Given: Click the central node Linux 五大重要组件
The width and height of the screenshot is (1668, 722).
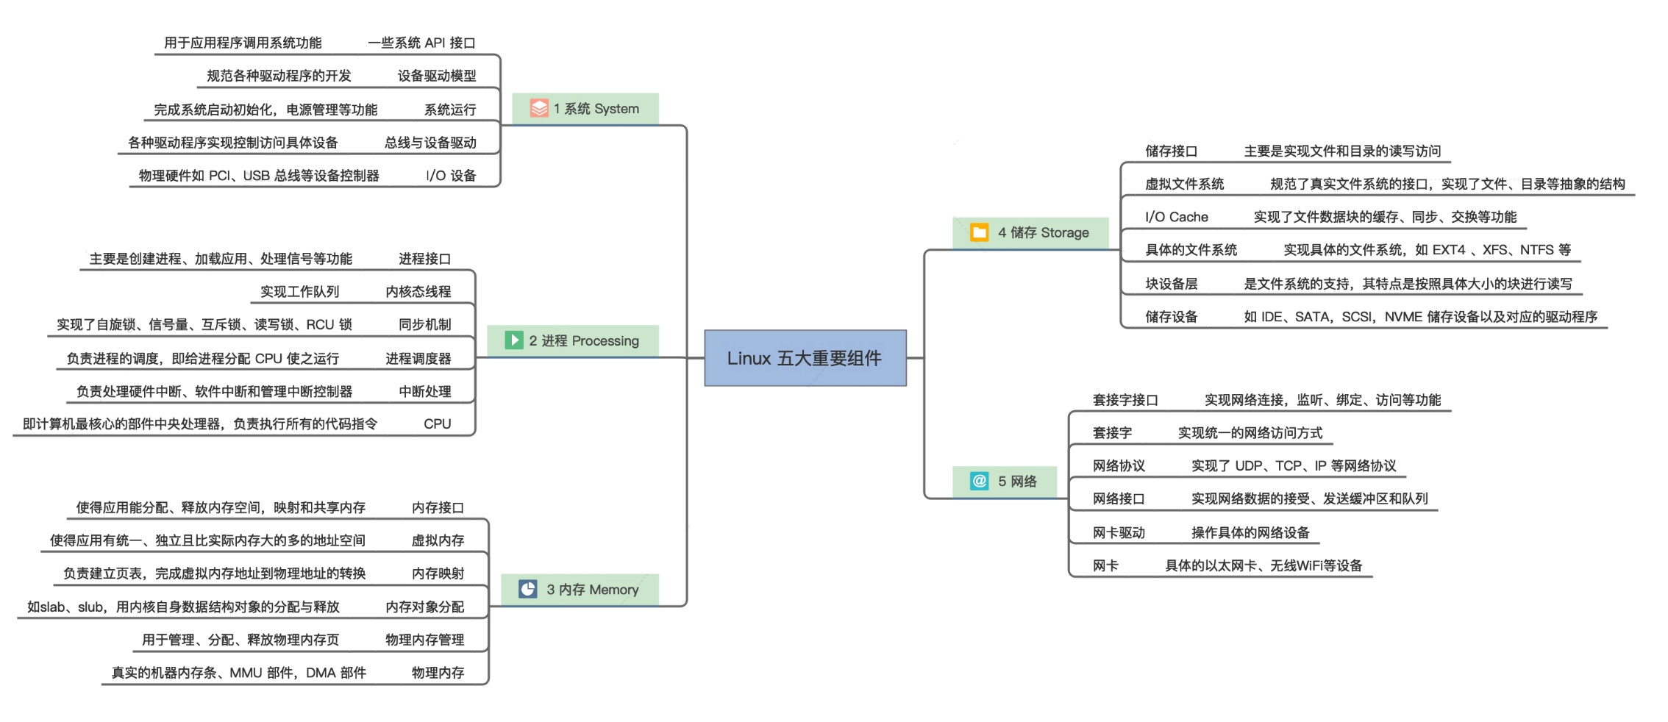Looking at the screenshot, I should click(x=805, y=358).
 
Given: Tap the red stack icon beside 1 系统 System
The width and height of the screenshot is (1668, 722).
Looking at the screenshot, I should click(x=539, y=109).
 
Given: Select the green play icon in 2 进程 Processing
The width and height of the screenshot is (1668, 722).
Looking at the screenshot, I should click(x=513, y=340).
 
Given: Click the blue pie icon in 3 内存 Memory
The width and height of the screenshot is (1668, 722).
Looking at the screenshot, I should click(x=527, y=589).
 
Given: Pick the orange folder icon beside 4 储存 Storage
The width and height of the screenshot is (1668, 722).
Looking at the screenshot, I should click(x=979, y=232).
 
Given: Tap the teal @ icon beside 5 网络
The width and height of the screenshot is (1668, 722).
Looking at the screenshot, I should click(x=979, y=481).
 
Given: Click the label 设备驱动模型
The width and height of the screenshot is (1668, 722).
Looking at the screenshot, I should click(x=436, y=76).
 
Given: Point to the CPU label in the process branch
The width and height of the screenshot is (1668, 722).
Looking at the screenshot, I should click(x=437, y=423).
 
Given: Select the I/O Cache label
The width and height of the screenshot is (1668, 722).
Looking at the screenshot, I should click(x=1176, y=217).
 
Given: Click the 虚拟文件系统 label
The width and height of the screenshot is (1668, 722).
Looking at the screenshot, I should click(x=1184, y=184).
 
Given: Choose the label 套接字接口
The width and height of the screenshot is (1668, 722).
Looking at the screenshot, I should click(x=1125, y=400).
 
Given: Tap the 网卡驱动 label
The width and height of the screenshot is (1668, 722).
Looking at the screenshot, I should click(x=1119, y=532).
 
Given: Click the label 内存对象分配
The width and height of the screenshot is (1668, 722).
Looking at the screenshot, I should click(x=424, y=607).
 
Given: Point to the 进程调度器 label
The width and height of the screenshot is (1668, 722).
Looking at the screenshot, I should click(x=418, y=358).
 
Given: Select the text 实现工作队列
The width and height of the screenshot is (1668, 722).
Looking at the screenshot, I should click(x=299, y=292).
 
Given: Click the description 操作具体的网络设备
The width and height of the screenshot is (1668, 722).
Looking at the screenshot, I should click(x=1250, y=532).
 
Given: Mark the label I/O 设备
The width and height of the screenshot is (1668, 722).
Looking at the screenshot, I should click(x=451, y=176).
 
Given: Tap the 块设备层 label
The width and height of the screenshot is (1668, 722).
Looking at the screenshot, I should click(x=1171, y=284).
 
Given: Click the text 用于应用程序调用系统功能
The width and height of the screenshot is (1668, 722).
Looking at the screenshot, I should click(x=243, y=43).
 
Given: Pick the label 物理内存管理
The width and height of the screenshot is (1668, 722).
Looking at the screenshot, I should click(x=424, y=640).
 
